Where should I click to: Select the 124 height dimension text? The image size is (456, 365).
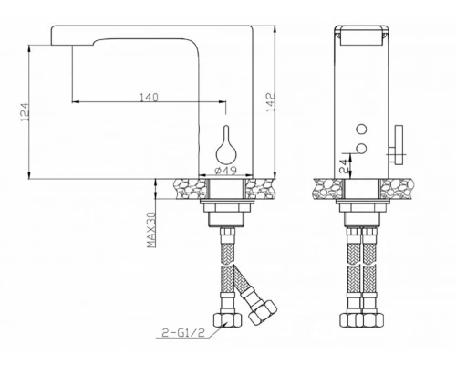(26, 110)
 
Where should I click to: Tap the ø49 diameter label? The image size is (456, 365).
(224, 171)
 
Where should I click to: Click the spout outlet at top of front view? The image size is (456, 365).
(362, 37)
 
